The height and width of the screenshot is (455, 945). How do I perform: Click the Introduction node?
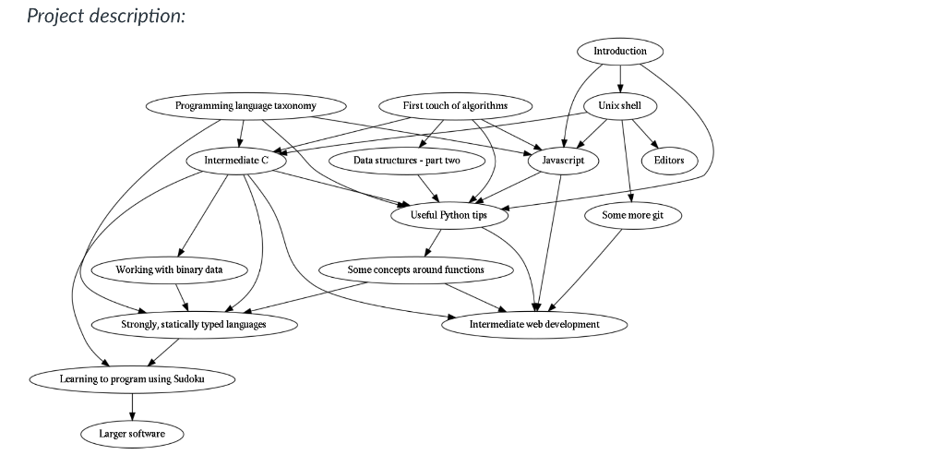pyautogui.click(x=619, y=51)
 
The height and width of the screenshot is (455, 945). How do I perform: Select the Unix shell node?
pyautogui.click(x=619, y=105)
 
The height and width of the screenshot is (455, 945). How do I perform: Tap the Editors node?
pyautogui.click(x=669, y=160)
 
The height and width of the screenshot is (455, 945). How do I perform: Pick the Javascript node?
pyautogui.click(x=563, y=160)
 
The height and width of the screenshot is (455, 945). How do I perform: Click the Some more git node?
pyautogui.click(x=632, y=215)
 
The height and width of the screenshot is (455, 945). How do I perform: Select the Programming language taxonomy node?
pyautogui.click(x=245, y=105)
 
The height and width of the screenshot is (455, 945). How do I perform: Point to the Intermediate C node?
pyautogui.click(x=236, y=160)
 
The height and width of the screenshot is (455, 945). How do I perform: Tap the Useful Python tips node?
pyautogui.click(x=449, y=215)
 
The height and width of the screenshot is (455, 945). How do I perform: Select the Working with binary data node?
pyautogui.click(x=169, y=269)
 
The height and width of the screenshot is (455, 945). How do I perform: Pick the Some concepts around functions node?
pyautogui.click(x=415, y=269)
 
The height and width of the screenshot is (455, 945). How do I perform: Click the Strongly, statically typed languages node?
pyautogui.click(x=194, y=324)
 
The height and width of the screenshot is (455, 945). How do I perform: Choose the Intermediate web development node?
pyautogui.click(x=534, y=324)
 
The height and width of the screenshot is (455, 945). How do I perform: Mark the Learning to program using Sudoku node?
pyautogui.click(x=132, y=378)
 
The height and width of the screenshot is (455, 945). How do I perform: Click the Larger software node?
pyautogui.click(x=132, y=433)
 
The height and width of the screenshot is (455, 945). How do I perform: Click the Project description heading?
pyautogui.click(x=106, y=17)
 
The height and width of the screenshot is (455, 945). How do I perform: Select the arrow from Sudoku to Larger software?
pyautogui.click(x=132, y=406)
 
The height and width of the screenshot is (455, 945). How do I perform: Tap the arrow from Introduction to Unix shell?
pyautogui.click(x=619, y=78)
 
